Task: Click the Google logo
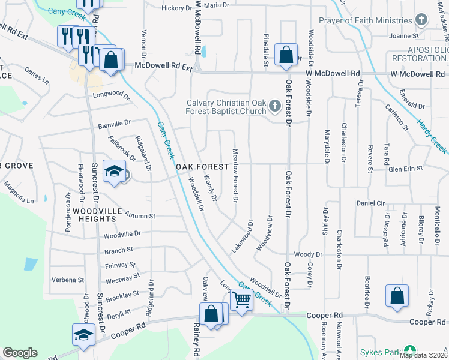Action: [20, 353]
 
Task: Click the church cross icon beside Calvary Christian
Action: [275, 106]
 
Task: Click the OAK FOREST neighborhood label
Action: [202, 166]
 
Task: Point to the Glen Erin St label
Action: [406, 169]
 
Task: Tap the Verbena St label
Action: [68, 280]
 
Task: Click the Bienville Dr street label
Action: [114, 124]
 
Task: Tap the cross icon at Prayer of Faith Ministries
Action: [421, 20]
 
